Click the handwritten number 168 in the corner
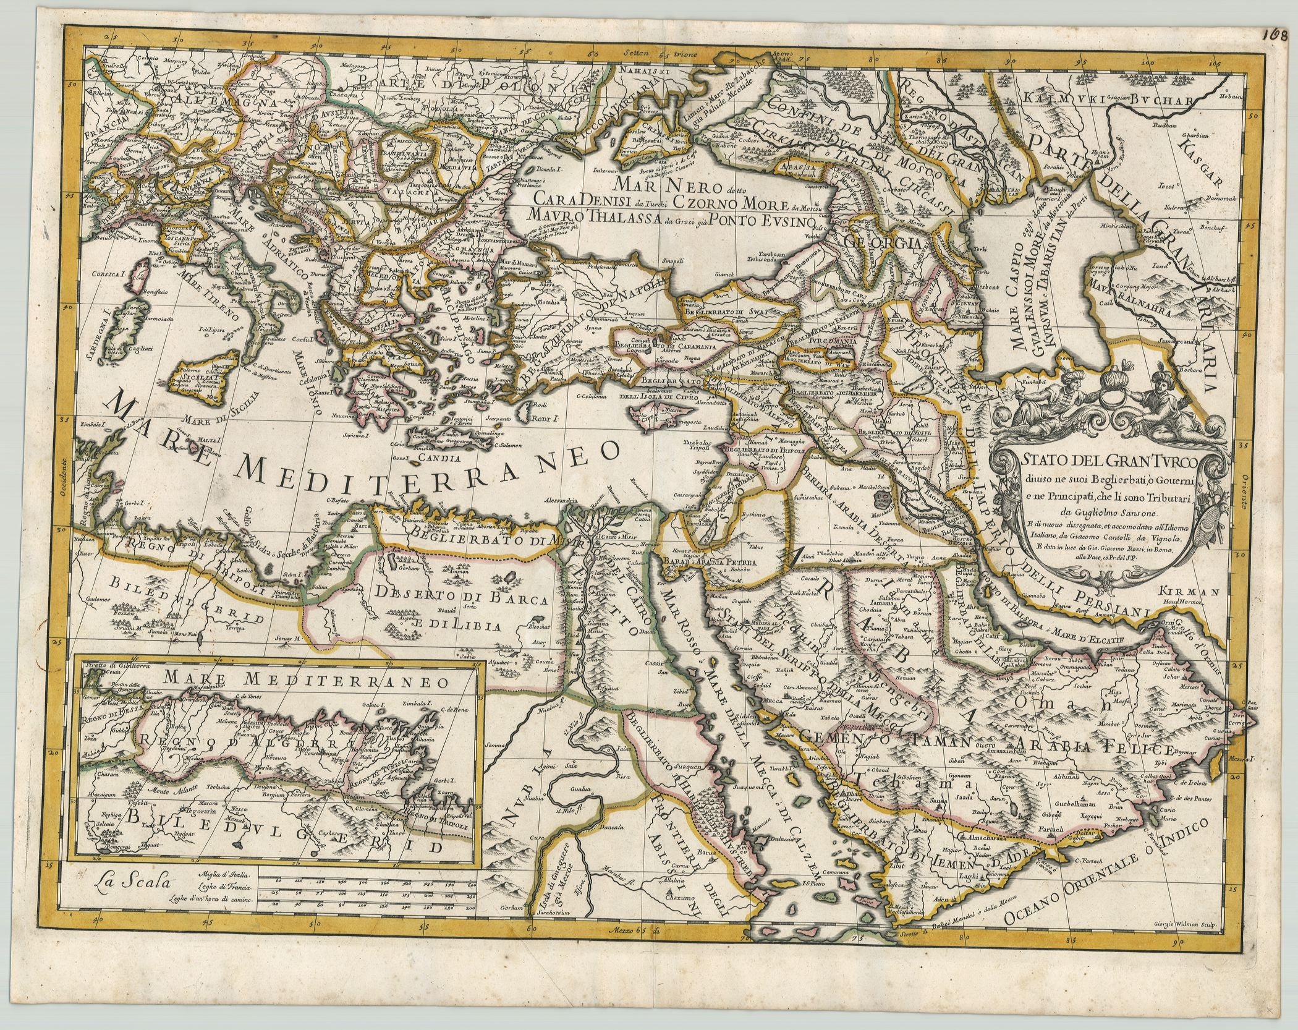(x=1275, y=15)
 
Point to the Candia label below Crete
(x=422, y=459)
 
